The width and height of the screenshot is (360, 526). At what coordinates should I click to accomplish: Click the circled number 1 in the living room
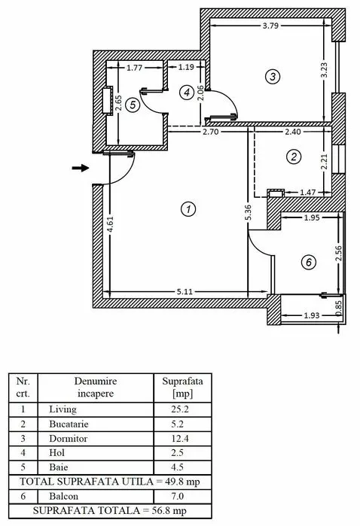[188, 209]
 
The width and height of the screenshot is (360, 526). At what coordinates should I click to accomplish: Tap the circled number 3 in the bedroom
[273, 77]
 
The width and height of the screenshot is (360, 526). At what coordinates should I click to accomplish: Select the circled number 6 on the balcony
[309, 262]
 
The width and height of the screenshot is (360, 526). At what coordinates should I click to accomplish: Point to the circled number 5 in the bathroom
[133, 105]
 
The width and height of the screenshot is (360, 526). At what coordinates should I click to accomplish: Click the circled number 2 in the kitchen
[294, 157]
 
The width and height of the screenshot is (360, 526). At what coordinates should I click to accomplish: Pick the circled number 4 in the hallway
[187, 93]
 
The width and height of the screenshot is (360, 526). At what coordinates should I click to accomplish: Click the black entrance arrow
[81, 168]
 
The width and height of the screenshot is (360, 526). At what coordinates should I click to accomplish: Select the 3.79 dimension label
[270, 26]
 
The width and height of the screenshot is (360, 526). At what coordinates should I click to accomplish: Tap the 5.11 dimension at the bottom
[185, 292]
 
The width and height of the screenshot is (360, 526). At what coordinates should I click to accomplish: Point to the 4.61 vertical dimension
[110, 224]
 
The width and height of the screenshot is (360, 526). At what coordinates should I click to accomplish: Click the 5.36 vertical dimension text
[249, 213]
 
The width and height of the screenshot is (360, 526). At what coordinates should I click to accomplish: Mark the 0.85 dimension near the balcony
[338, 308]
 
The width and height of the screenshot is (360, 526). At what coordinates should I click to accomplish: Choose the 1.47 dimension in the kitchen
[307, 193]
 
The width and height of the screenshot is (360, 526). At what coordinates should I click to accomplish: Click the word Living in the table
[63, 409]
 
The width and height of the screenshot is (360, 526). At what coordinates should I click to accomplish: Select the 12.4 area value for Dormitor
[180, 439]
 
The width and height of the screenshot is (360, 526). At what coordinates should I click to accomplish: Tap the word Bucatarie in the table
[69, 424]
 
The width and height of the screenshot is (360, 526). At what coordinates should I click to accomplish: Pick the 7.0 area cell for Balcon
[177, 496]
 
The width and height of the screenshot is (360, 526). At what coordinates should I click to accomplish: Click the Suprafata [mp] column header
[182, 387]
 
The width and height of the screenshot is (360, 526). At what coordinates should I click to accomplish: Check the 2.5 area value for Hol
[177, 453]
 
